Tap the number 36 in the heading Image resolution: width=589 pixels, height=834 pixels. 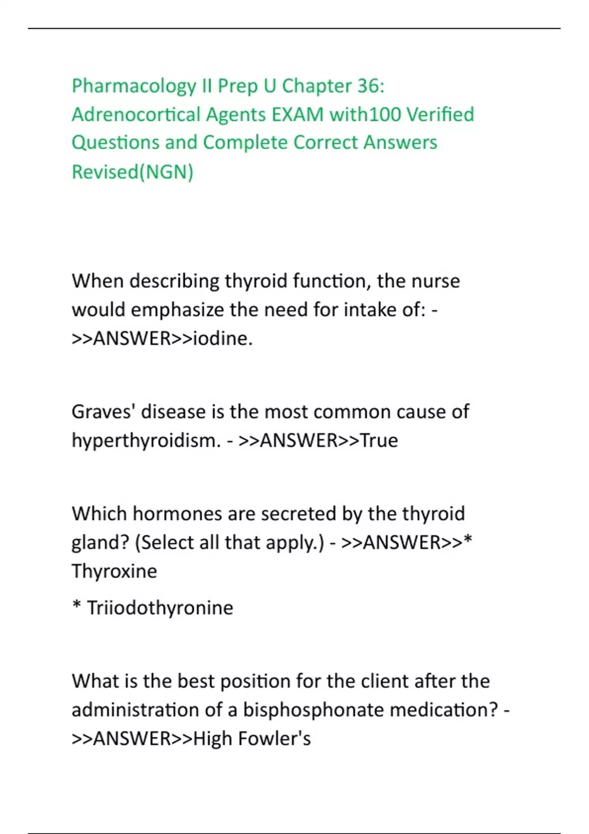pyautogui.click(x=369, y=86)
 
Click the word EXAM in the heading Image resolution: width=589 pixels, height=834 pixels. pyautogui.click(x=298, y=115)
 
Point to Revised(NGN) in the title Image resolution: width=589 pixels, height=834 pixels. pyautogui.click(x=133, y=172)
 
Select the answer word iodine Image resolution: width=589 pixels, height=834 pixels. pyautogui.click(x=222, y=339)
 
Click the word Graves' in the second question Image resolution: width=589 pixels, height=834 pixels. pyautogui.click(x=103, y=412)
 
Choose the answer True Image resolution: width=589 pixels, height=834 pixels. pyautogui.click(x=379, y=441)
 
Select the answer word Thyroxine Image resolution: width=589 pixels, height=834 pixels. pyautogui.click(x=114, y=572)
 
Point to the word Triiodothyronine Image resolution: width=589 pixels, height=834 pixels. pyautogui.click(x=160, y=608)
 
